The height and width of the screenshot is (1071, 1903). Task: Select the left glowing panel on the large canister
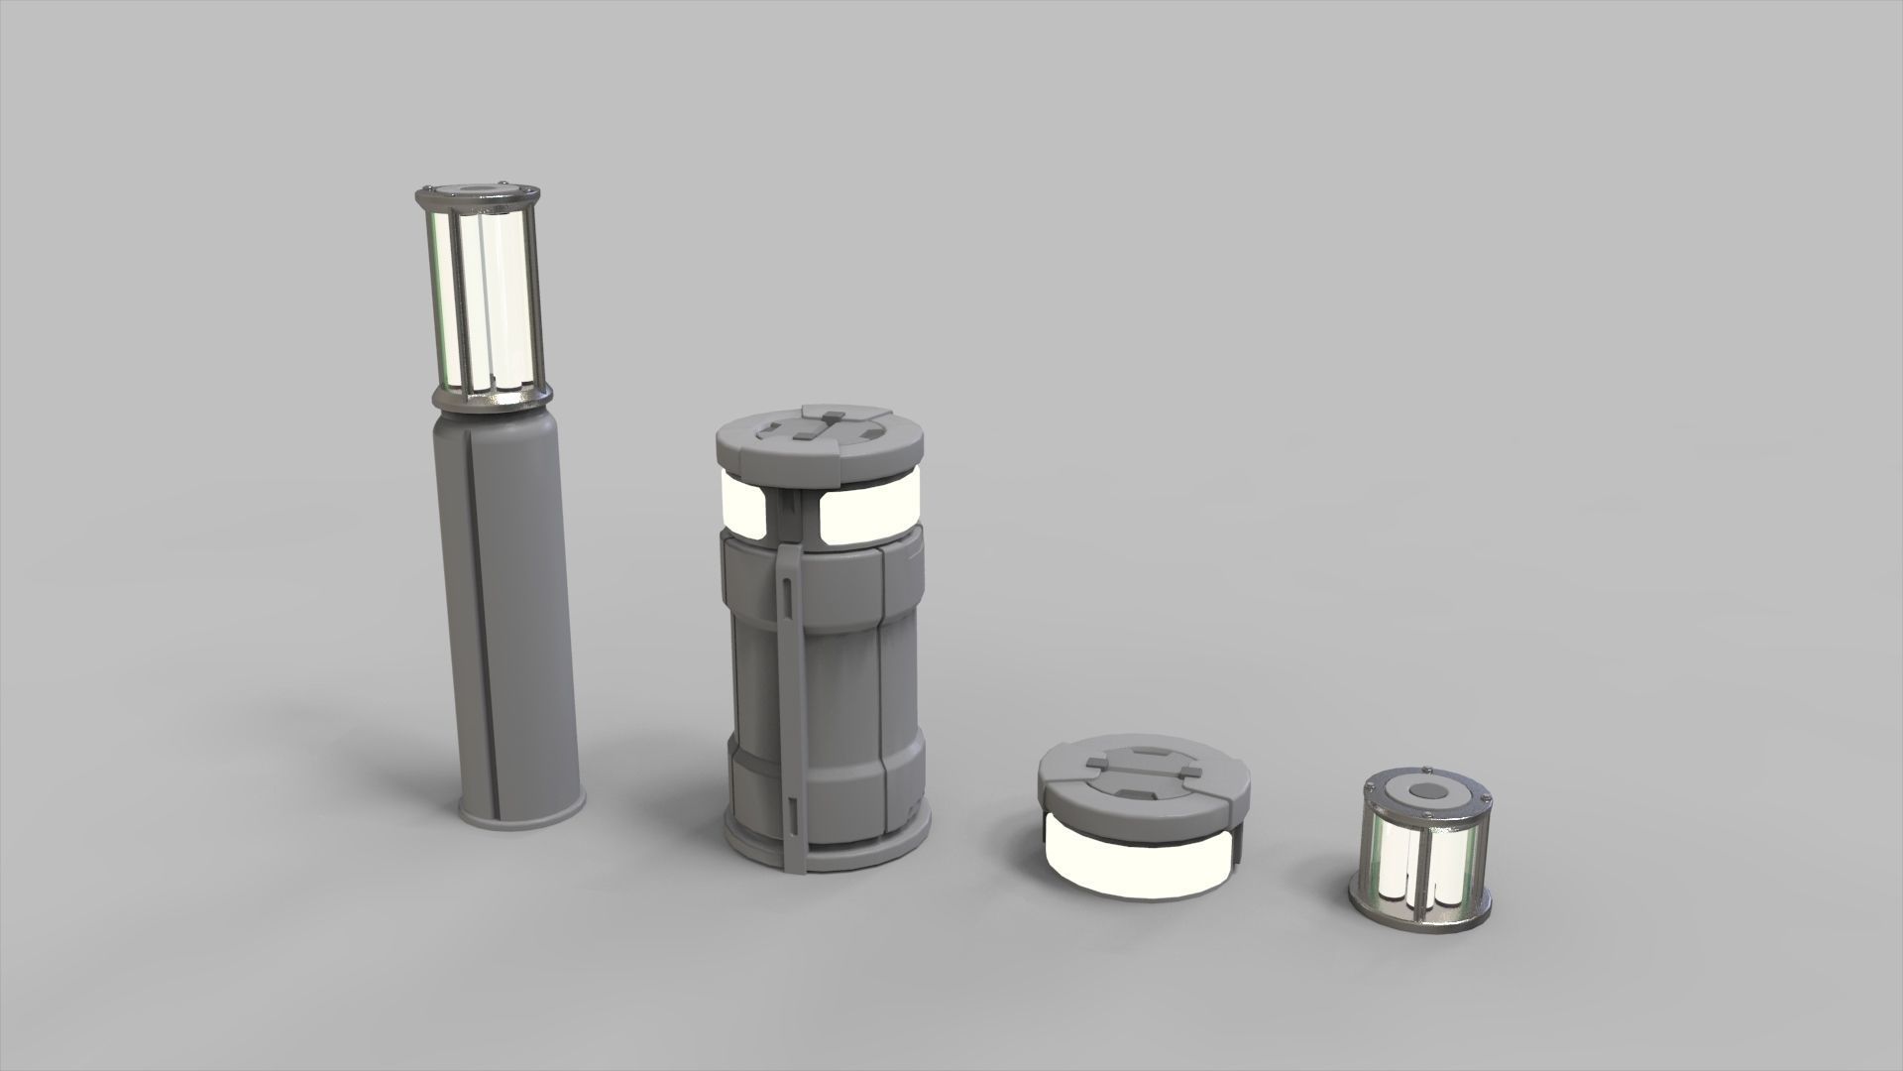click(743, 504)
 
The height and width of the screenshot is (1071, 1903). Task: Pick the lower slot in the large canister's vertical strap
click(791, 813)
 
